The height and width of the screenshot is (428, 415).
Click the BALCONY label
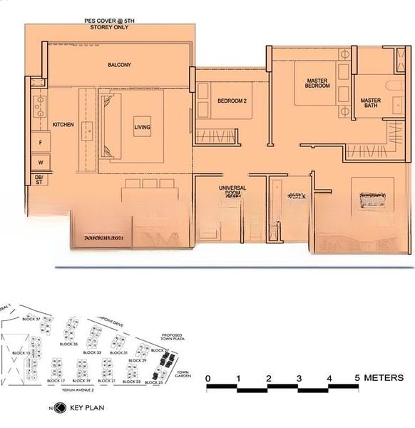point(119,65)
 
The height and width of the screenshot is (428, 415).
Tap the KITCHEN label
point(63,125)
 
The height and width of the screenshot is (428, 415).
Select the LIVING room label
point(143,128)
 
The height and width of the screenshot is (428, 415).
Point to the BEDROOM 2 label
point(232,101)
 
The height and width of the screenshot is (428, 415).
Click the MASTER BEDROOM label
point(318,83)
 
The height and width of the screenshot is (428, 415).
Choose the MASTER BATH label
point(370,103)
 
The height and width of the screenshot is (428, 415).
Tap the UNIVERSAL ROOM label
point(232,190)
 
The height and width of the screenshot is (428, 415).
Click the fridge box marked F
point(41,143)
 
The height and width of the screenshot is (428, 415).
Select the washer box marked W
point(41,162)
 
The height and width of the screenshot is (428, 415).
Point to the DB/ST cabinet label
point(39,179)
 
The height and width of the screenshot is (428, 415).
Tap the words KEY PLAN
point(87,409)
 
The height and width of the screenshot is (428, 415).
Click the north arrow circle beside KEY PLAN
point(60,409)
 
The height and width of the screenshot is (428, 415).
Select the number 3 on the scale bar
point(298,378)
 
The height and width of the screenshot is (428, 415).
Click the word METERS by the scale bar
point(385,378)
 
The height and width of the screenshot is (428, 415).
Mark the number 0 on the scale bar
point(207,378)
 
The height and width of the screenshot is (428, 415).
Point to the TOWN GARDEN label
point(183,374)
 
